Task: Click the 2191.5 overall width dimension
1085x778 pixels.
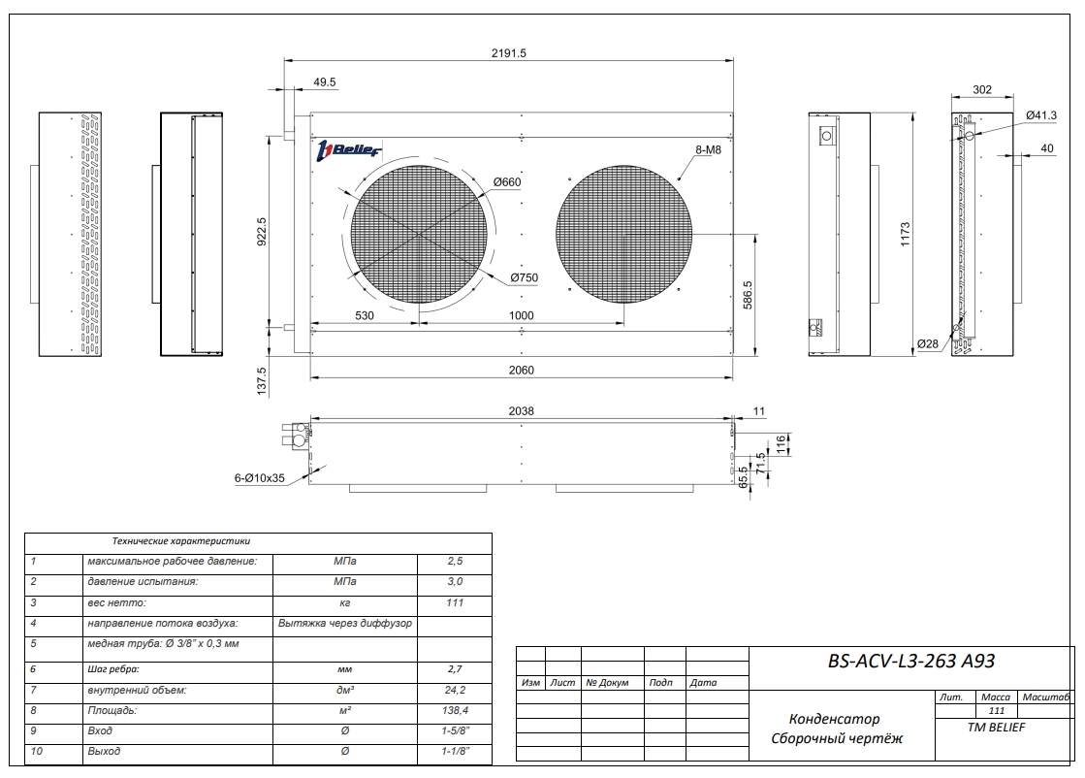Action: (x=508, y=53)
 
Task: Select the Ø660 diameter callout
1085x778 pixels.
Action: (x=507, y=182)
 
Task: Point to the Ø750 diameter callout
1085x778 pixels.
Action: (x=523, y=277)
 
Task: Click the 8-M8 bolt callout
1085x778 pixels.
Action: (x=708, y=150)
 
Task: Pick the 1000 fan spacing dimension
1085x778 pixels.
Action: (x=521, y=315)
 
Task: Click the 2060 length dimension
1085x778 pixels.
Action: (x=521, y=370)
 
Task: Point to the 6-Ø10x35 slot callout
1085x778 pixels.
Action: (x=259, y=478)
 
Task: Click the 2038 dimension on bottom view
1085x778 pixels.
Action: (x=521, y=410)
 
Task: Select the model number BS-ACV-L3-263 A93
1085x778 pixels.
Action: (x=911, y=662)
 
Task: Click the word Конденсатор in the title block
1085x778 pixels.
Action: (x=834, y=719)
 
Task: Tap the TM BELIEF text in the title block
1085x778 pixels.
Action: (x=996, y=727)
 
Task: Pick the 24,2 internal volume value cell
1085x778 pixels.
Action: (x=455, y=691)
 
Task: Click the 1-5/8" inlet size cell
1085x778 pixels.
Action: (x=455, y=730)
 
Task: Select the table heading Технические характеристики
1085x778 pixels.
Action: (x=181, y=541)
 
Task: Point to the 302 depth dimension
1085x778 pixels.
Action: (x=981, y=89)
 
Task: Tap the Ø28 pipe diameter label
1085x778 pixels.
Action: (x=928, y=344)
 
